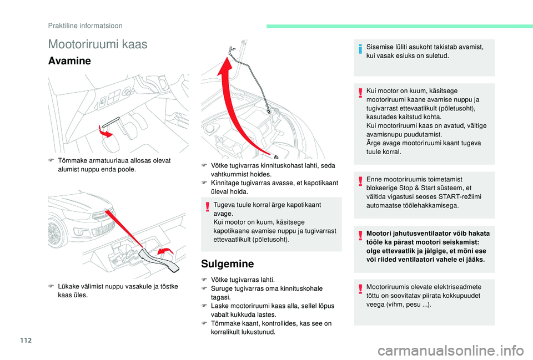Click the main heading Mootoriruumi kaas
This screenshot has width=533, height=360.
98,44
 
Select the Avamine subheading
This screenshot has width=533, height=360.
70,61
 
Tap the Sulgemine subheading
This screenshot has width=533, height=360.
228,263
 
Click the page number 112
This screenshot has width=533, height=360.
26,340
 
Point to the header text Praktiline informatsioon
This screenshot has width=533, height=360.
86,26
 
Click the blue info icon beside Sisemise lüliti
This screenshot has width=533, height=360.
360,49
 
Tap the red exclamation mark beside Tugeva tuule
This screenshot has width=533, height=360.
207,207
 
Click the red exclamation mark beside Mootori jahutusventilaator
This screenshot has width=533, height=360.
360,235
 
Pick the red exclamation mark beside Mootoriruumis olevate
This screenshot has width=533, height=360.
360,289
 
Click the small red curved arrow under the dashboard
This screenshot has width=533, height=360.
105,132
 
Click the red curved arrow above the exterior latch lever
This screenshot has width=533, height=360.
165,252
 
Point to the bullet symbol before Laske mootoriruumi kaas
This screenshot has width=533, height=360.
204,306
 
